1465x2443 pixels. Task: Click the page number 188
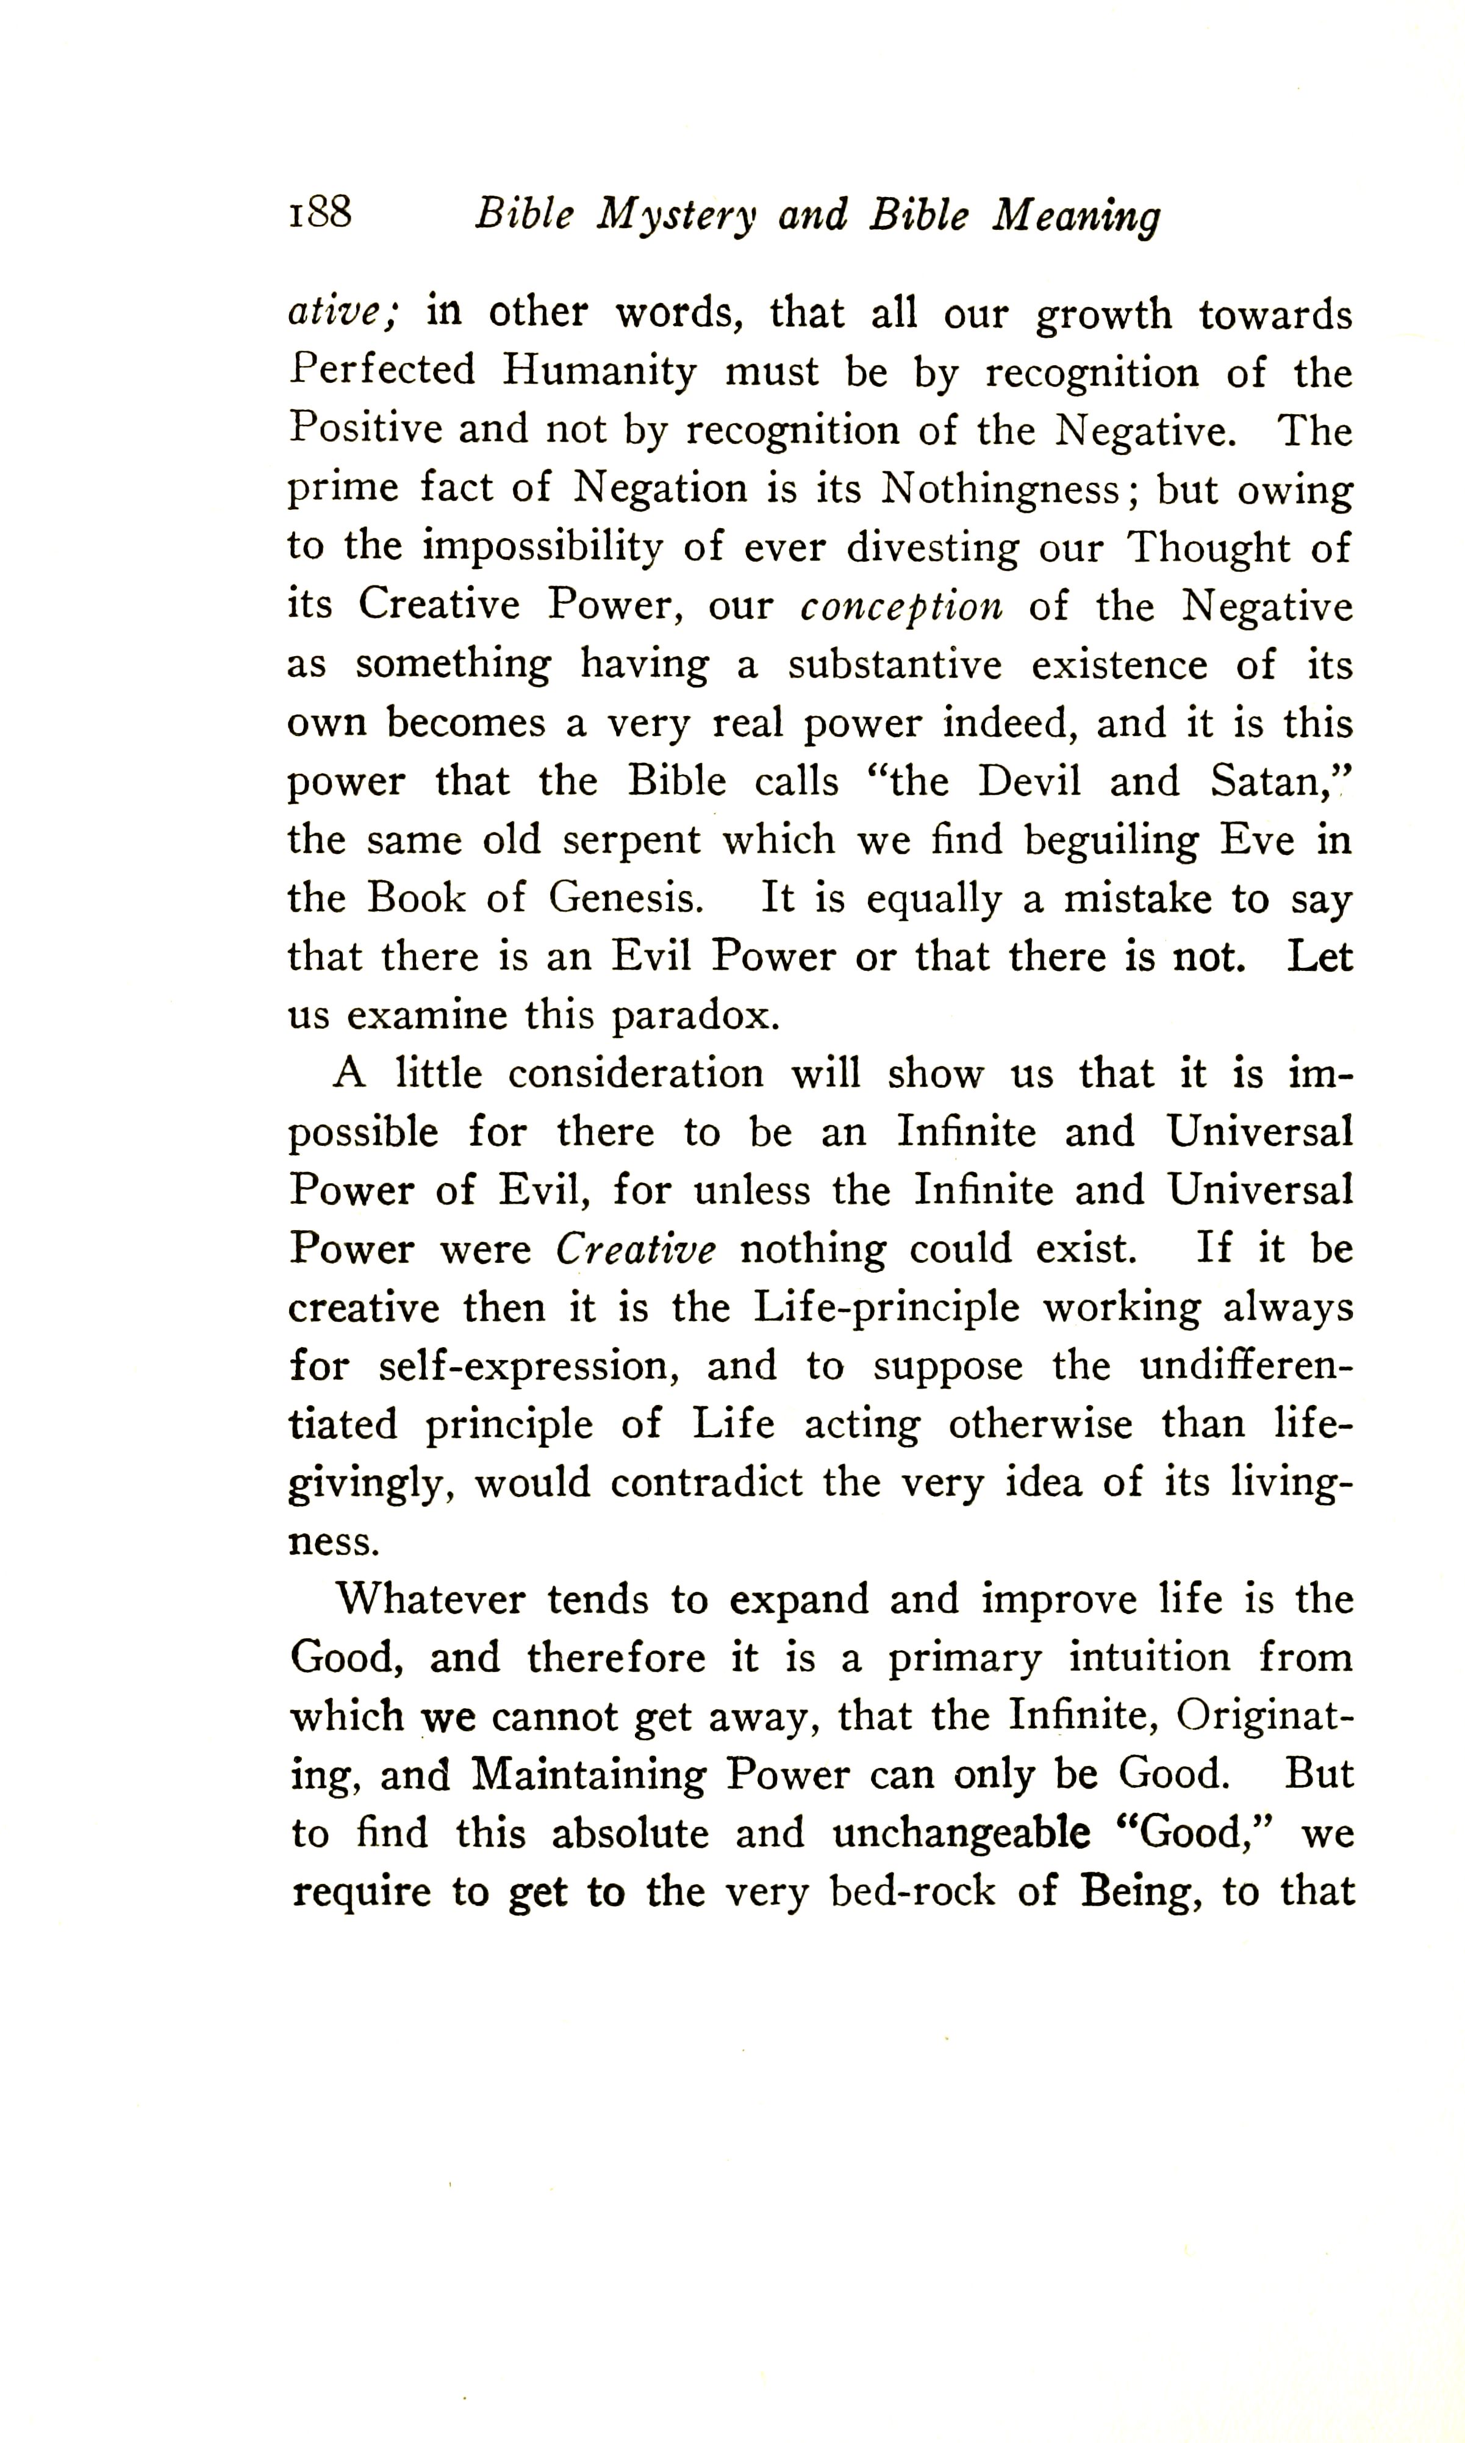pos(320,213)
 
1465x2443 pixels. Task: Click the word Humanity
pos(599,372)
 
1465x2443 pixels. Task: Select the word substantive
pos(894,664)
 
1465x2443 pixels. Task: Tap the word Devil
pos(1030,781)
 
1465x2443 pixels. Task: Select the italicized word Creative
pos(635,1250)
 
